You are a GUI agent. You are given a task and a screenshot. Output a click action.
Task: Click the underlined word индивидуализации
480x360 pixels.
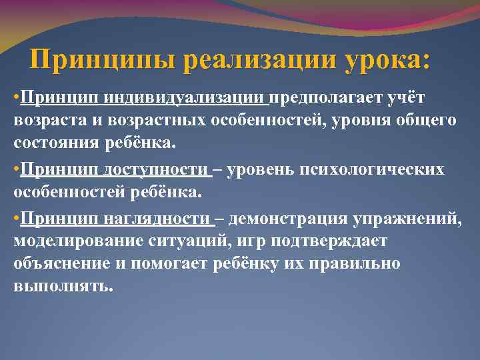click(x=185, y=98)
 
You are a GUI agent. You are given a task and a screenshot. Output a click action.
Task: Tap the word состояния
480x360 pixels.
click(x=54, y=142)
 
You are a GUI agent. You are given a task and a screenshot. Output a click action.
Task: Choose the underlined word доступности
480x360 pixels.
click(x=157, y=170)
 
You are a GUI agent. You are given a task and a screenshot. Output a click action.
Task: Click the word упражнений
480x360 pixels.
click(x=413, y=218)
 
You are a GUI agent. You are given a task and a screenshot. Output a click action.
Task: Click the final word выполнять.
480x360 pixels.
click(x=63, y=285)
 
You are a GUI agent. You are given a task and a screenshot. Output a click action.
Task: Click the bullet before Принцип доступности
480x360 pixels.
click(x=17, y=170)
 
